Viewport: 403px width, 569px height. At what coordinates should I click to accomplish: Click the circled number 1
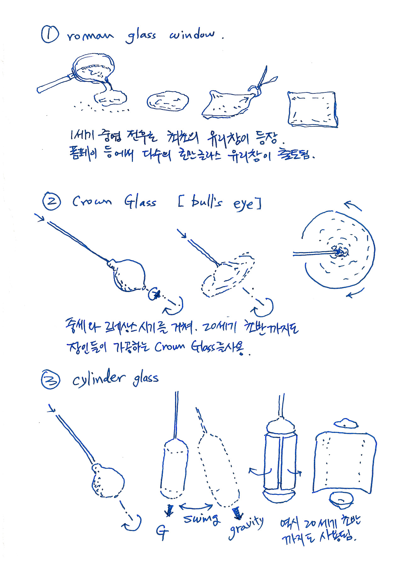click(49, 35)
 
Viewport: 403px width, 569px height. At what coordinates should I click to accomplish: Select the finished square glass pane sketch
click(312, 109)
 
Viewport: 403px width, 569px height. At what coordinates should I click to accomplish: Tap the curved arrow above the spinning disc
click(353, 206)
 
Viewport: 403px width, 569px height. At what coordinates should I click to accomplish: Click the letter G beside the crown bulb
click(154, 294)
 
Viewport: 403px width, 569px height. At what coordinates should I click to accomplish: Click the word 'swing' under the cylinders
click(201, 519)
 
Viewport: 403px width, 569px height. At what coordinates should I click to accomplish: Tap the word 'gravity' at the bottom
click(246, 528)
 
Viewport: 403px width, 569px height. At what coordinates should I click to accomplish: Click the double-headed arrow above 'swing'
click(196, 506)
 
